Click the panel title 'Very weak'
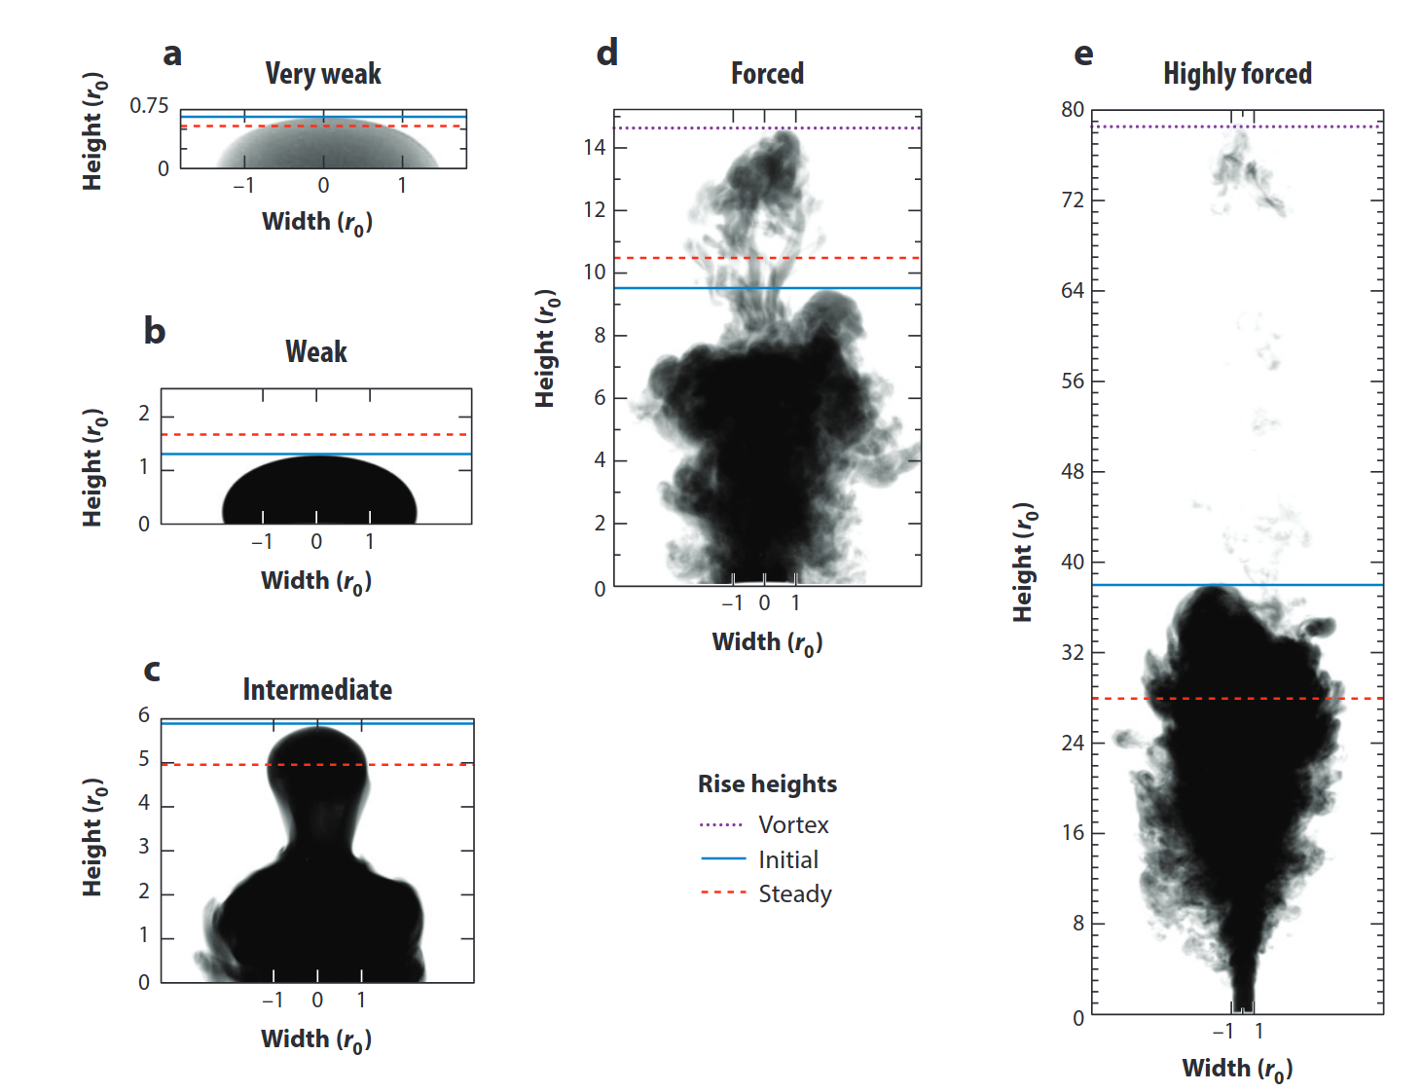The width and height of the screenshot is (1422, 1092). [x=323, y=74]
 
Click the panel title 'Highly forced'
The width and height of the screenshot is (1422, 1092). [x=1237, y=74]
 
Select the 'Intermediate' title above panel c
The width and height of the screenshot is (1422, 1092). [x=317, y=690]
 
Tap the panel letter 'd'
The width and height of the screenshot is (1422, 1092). [x=606, y=53]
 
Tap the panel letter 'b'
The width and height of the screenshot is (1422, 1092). [x=154, y=331]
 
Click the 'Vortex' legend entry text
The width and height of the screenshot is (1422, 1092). [x=793, y=825]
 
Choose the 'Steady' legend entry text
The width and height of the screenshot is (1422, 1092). [x=795, y=893]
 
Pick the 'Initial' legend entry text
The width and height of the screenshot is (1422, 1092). [x=788, y=860]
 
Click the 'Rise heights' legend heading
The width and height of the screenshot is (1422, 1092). [x=767, y=784]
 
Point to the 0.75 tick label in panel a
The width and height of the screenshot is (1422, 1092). [x=149, y=105]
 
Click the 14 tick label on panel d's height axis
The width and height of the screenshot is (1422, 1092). [x=594, y=148]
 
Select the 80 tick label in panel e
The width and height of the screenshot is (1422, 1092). [x=1073, y=110]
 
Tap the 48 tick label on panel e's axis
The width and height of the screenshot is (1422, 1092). [x=1073, y=472]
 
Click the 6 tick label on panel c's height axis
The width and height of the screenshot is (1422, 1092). [x=144, y=715]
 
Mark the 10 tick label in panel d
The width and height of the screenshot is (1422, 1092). [x=594, y=273]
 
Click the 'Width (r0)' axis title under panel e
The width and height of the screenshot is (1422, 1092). [x=1237, y=1069]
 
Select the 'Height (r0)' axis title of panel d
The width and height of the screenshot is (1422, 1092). [x=547, y=348]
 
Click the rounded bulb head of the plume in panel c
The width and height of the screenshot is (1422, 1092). [x=317, y=759]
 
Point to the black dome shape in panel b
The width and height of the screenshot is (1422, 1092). [x=319, y=491]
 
